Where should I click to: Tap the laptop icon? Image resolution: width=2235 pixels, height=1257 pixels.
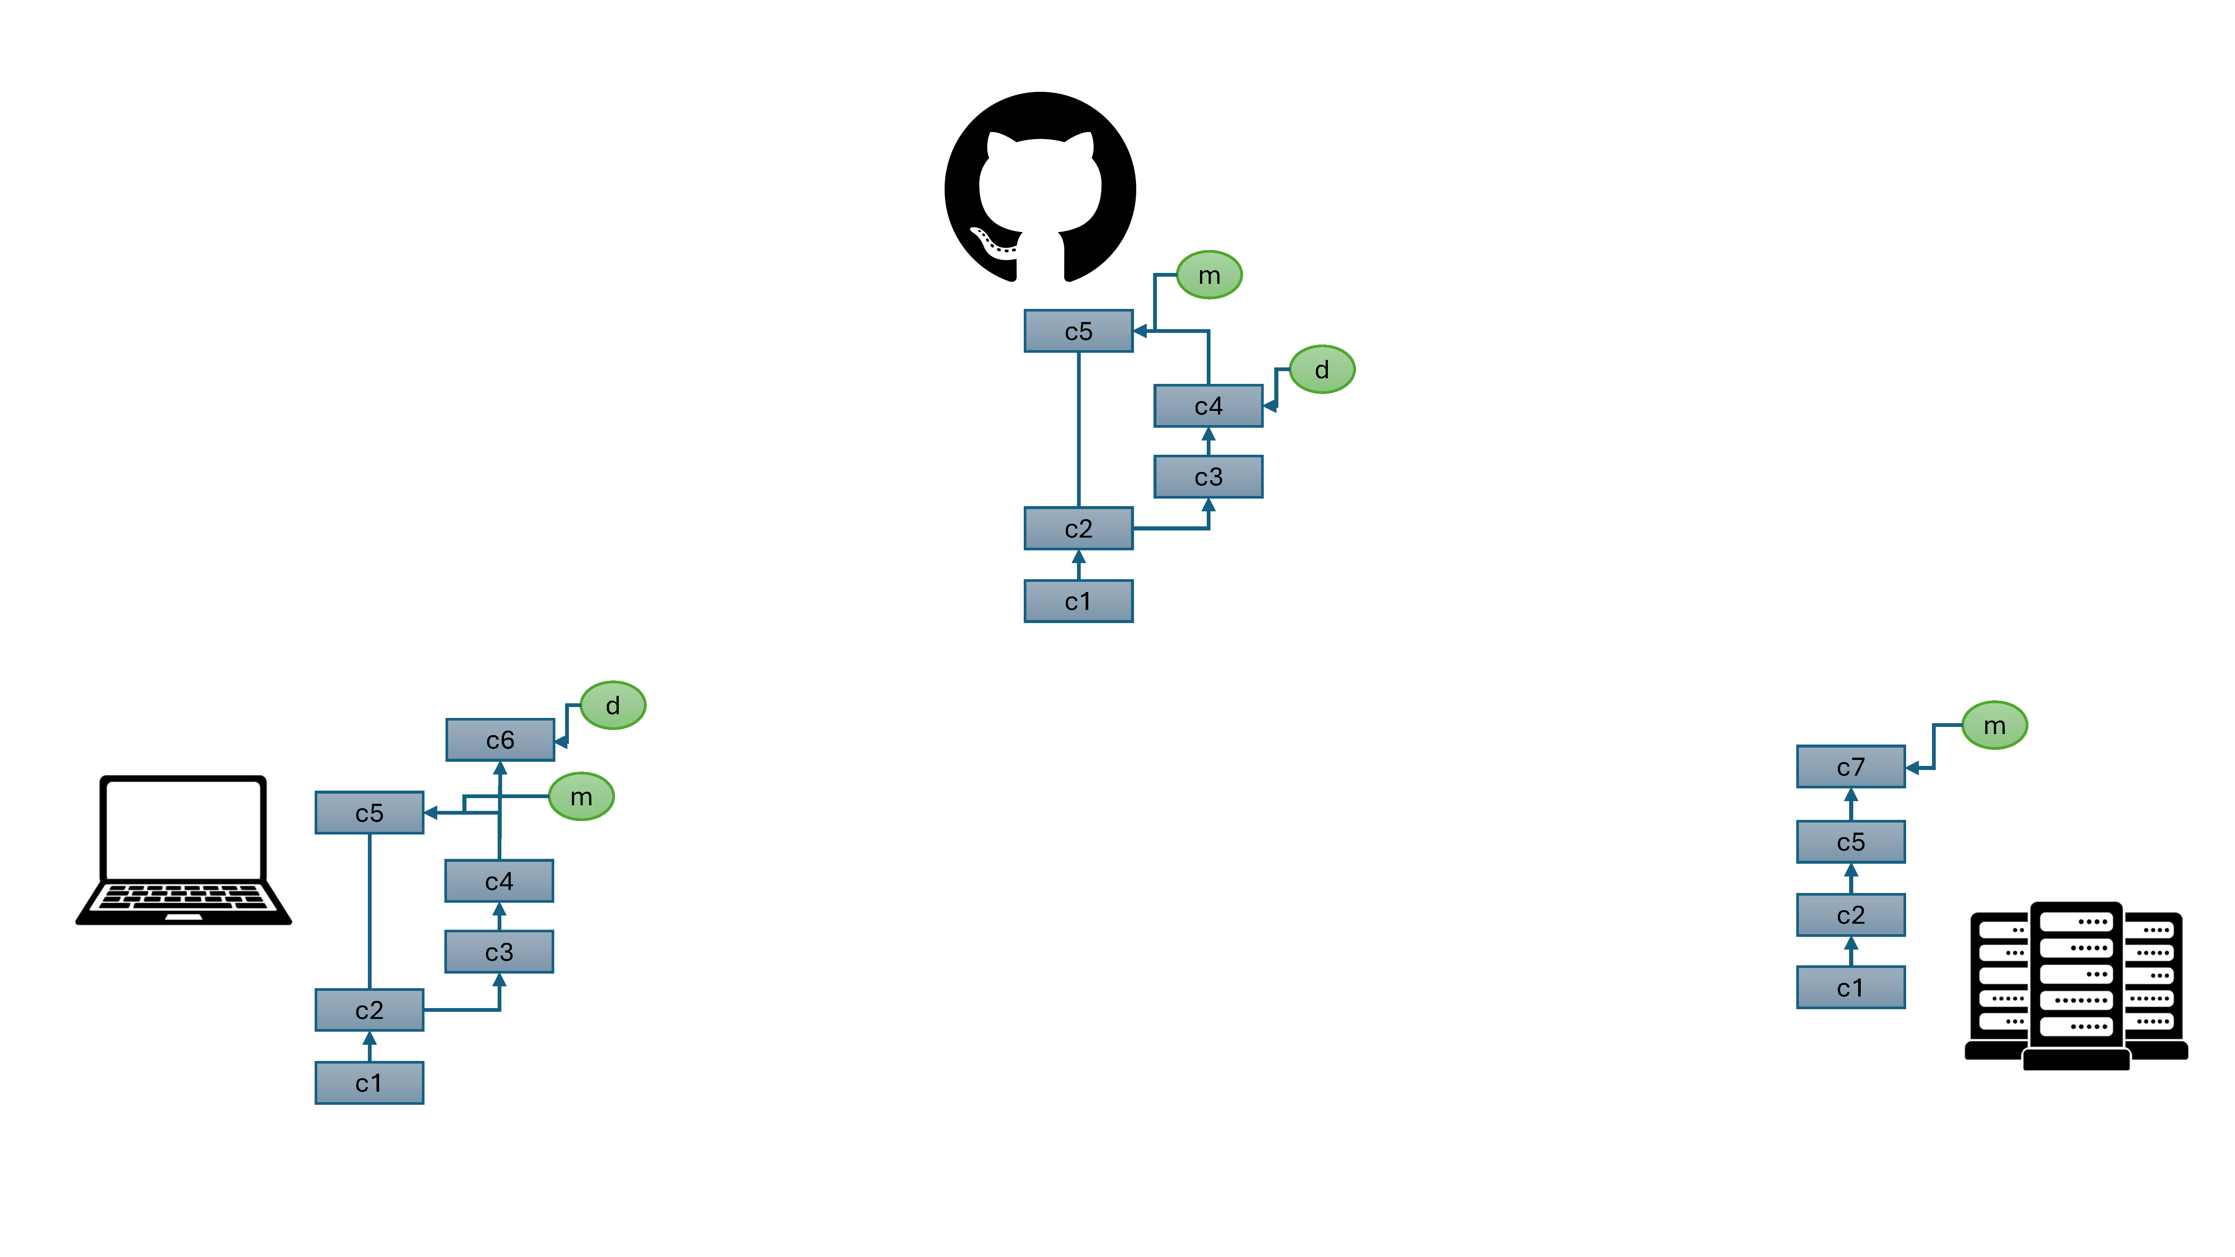pyautogui.click(x=183, y=850)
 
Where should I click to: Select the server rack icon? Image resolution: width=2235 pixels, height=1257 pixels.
pyautogui.click(x=2076, y=986)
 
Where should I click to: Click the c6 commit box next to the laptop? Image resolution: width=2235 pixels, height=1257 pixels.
pyautogui.click(x=500, y=740)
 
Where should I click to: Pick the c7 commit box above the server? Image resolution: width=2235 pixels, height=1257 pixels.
pyautogui.click(x=1851, y=767)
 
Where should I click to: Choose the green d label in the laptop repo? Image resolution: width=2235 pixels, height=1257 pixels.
pyautogui.click(x=612, y=705)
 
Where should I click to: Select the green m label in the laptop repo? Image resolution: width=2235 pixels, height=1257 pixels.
pyautogui.click(x=581, y=796)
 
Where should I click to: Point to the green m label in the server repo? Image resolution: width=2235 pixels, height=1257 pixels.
pyautogui.click(x=1995, y=725)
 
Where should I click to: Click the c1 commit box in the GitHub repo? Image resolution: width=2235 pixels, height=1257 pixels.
pyautogui.click(x=1078, y=601)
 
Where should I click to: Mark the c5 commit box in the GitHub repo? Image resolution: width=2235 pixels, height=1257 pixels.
pyautogui.click(x=1078, y=331)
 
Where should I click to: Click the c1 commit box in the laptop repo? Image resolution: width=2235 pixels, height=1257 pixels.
pyautogui.click(x=370, y=1083)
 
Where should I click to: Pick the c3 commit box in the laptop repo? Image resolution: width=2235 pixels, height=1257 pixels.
pyautogui.click(x=499, y=951)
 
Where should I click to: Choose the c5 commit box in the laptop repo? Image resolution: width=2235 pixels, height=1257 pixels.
pyautogui.click(x=370, y=813)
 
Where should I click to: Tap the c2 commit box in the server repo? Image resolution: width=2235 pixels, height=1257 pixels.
pyautogui.click(x=1851, y=915)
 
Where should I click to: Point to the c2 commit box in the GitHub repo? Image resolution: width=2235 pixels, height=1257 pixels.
pyautogui.click(x=1078, y=528)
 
